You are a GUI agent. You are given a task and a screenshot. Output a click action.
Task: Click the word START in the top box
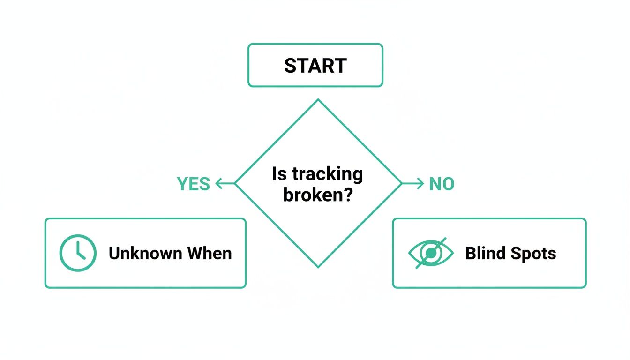[315, 66]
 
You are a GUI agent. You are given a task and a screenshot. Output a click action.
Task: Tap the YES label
[193, 184]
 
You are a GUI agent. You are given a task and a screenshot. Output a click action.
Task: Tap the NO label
[442, 184]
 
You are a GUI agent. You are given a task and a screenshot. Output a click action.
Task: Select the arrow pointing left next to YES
[225, 184]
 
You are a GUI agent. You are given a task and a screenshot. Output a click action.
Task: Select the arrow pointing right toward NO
[413, 184]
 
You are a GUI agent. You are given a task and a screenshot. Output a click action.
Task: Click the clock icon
[78, 253]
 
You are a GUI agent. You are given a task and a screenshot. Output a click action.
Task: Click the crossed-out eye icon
[431, 253]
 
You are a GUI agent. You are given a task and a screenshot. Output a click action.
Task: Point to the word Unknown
[146, 253]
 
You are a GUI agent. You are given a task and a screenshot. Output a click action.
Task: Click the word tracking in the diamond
[327, 174]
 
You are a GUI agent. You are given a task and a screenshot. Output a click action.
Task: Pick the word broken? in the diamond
[318, 194]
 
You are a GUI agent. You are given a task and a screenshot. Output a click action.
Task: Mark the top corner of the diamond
[318, 99]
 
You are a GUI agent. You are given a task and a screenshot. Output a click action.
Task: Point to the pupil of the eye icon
[431, 253]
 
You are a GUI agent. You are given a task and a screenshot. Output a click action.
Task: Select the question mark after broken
[347, 194]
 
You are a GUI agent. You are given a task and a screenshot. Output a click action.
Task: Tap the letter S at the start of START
[290, 66]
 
